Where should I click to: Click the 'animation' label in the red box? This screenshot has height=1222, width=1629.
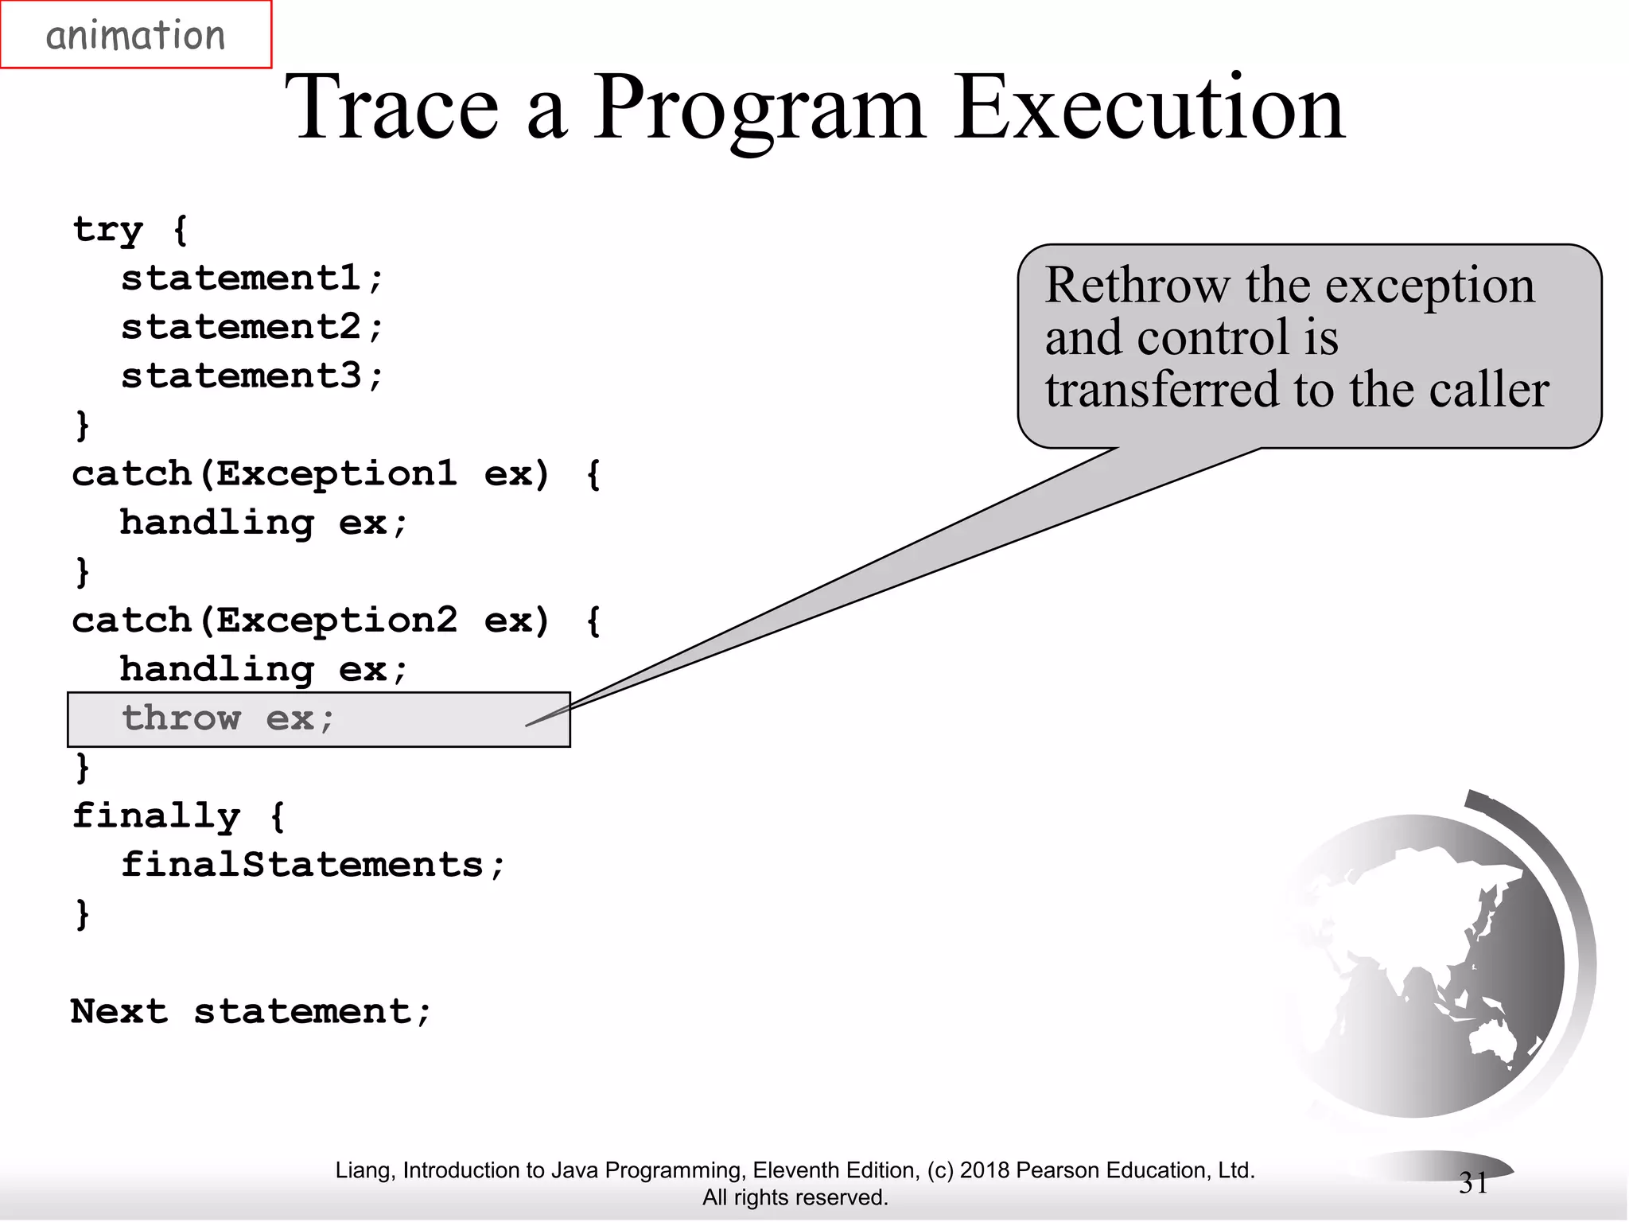135,36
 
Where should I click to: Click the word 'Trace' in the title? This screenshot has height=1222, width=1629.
391,107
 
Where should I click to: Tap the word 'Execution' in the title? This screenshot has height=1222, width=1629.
1149,107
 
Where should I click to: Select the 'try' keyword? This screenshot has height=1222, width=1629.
107,230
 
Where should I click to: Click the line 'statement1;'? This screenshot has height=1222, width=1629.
252,278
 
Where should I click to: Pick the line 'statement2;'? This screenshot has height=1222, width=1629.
252,327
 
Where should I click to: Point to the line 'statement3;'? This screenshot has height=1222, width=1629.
252,376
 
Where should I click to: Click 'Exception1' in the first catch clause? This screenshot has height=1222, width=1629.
336,474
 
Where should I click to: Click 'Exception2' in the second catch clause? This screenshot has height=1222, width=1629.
336,621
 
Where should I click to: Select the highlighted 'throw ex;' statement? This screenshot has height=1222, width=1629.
228,718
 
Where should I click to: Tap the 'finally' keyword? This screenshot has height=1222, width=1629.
156,815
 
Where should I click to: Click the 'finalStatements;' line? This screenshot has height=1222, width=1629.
313,865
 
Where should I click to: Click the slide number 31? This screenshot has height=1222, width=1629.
1473,1183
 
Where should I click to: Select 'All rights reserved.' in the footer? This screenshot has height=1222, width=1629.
795,1197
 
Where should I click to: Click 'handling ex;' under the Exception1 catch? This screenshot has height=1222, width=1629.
263,523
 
